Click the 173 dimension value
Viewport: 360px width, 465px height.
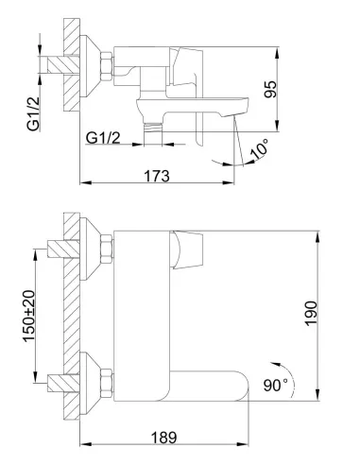(x=157, y=176)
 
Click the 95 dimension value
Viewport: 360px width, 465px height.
(x=270, y=89)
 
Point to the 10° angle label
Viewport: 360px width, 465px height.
(x=259, y=148)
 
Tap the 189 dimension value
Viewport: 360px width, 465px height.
(x=163, y=438)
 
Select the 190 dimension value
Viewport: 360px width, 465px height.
(x=311, y=313)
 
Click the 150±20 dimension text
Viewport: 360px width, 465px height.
(x=29, y=316)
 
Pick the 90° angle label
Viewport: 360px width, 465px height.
(x=276, y=385)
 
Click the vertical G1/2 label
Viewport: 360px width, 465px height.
(x=33, y=113)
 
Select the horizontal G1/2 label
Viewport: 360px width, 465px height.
(x=103, y=138)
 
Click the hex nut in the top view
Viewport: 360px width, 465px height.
(x=107, y=65)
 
